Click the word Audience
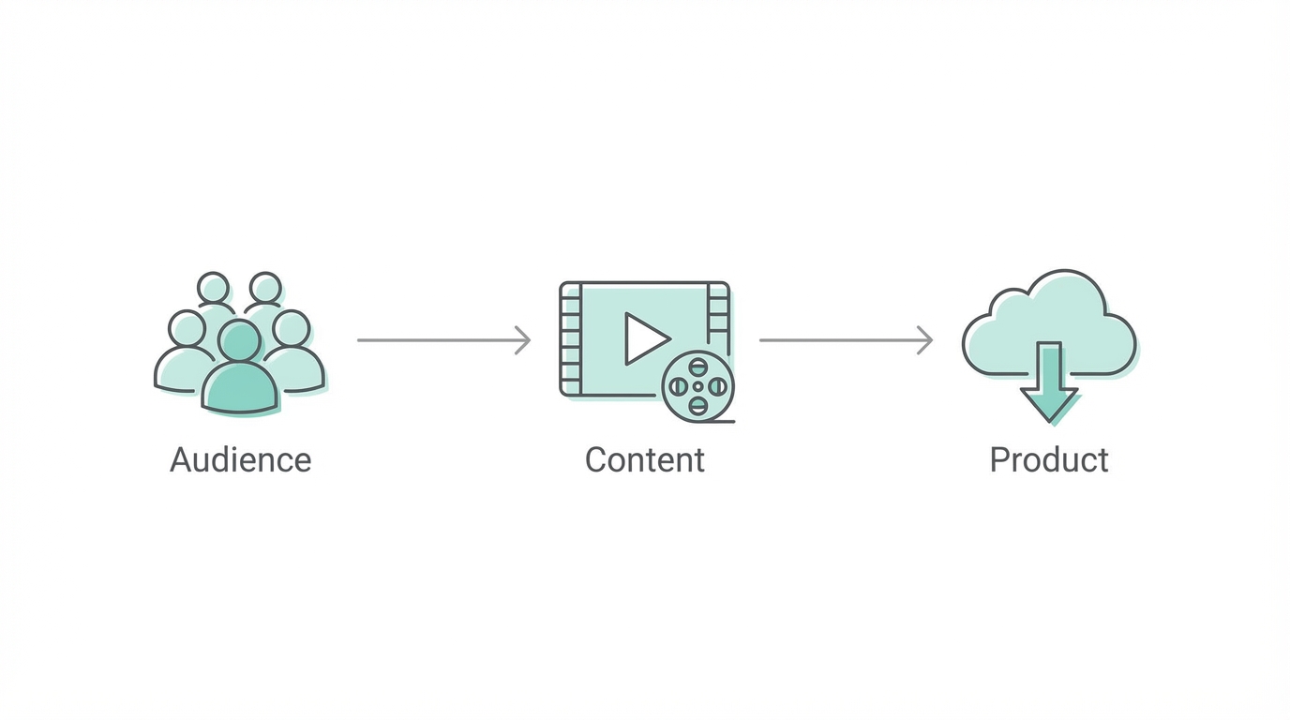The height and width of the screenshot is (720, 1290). tap(240, 460)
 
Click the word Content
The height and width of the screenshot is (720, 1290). tap(644, 460)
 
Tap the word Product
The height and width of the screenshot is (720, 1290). tap(1048, 460)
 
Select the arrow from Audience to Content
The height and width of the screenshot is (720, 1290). tap(441, 340)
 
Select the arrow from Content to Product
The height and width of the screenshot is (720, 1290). tap(844, 340)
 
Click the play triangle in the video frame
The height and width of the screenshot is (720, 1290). tap(645, 338)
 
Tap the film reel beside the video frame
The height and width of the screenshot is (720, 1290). tap(697, 385)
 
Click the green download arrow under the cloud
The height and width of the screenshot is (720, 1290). tap(1049, 382)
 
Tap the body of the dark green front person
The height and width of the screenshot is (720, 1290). tap(240, 389)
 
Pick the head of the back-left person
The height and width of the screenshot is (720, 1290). tap(214, 287)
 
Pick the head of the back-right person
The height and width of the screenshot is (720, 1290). tap(266, 287)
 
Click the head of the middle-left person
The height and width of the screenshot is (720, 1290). tap(187, 328)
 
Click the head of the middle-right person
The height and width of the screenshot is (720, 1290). tap(292, 328)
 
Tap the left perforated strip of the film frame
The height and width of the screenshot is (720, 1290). tap(570, 338)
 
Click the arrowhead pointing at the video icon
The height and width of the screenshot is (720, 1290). tap(524, 340)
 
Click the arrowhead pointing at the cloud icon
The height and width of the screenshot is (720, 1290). tap(926, 340)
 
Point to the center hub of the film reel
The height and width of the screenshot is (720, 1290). tap(697, 385)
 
